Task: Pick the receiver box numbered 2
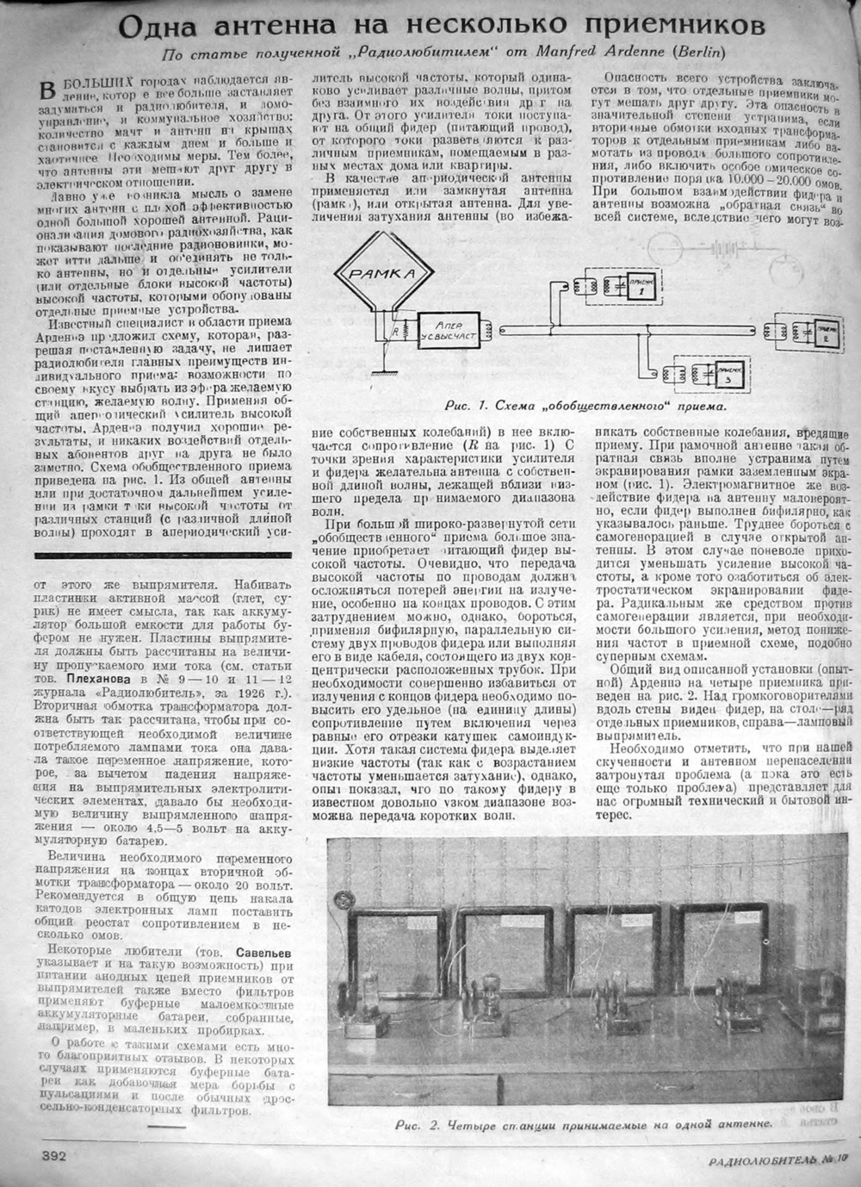(827, 332)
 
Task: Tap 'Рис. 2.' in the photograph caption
(418, 1125)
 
